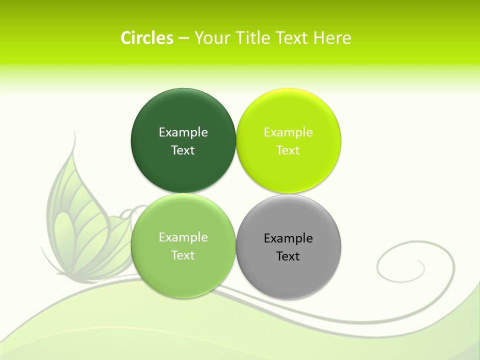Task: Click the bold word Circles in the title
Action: point(147,38)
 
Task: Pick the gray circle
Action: point(288,275)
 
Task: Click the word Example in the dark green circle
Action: point(183,132)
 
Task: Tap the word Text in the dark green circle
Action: point(183,150)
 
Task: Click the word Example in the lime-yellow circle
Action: point(288,132)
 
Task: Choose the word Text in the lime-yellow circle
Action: point(288,150)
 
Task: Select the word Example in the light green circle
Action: point(183,237)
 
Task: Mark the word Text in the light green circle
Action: point(183,255)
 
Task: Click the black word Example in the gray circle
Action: point(288,238)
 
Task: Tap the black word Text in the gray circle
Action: point(288,256)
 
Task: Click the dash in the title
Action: point(183,38)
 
